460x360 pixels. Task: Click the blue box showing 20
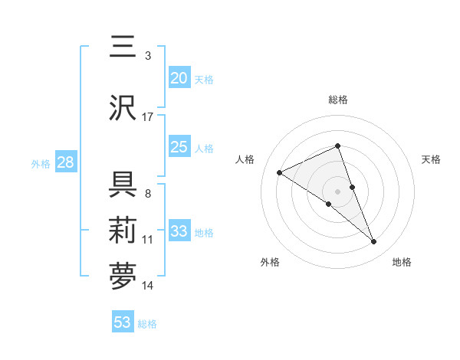[179, 78]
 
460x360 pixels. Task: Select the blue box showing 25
[179, 147]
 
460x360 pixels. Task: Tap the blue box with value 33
[179, 231]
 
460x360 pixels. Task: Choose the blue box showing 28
[65, 162]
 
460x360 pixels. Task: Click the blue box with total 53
[123, 322]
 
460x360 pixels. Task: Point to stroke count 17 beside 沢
[148, 117]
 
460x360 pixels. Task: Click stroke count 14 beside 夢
[148, 286]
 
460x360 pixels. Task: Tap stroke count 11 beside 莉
[148, 240]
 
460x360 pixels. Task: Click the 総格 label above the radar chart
[337, 100]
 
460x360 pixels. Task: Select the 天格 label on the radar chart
[431, 159]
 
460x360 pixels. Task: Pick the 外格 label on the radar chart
[270, 262]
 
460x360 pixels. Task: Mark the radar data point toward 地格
[374, 242]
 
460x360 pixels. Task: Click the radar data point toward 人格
[279, 172]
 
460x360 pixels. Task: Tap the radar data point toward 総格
[337, 146]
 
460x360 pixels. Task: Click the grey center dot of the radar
[337, 191]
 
